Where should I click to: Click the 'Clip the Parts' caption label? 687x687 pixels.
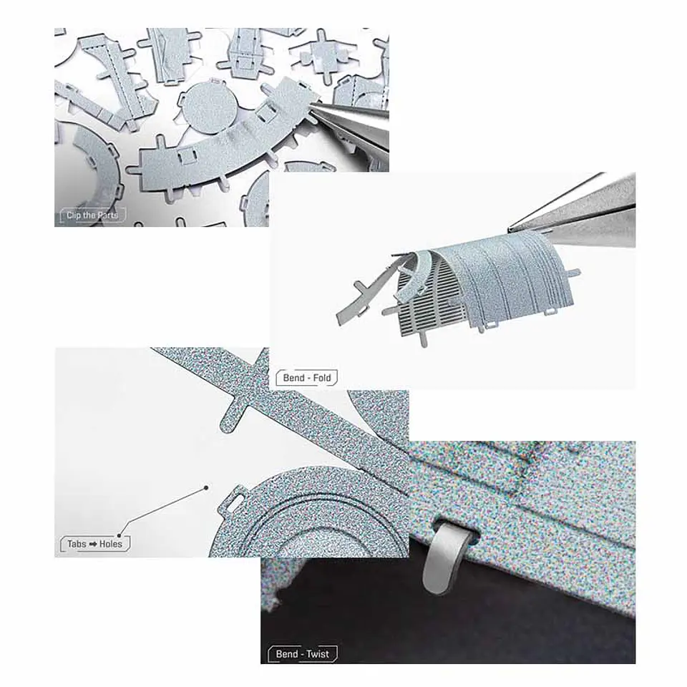92,215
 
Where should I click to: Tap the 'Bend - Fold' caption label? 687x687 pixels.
307,378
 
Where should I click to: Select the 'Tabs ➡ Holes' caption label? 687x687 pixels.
94,544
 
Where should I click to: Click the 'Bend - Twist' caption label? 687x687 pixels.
302,654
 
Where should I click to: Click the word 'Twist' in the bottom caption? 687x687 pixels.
317,654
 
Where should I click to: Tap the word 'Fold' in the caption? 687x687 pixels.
322,378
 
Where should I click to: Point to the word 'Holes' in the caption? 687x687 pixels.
111,544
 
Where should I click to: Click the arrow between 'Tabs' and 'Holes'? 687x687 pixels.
93,544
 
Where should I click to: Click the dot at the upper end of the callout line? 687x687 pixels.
206,487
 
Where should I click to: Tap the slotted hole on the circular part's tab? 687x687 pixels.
237,500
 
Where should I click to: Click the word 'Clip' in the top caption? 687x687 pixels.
74,215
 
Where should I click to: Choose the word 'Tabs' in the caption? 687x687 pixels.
77,544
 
